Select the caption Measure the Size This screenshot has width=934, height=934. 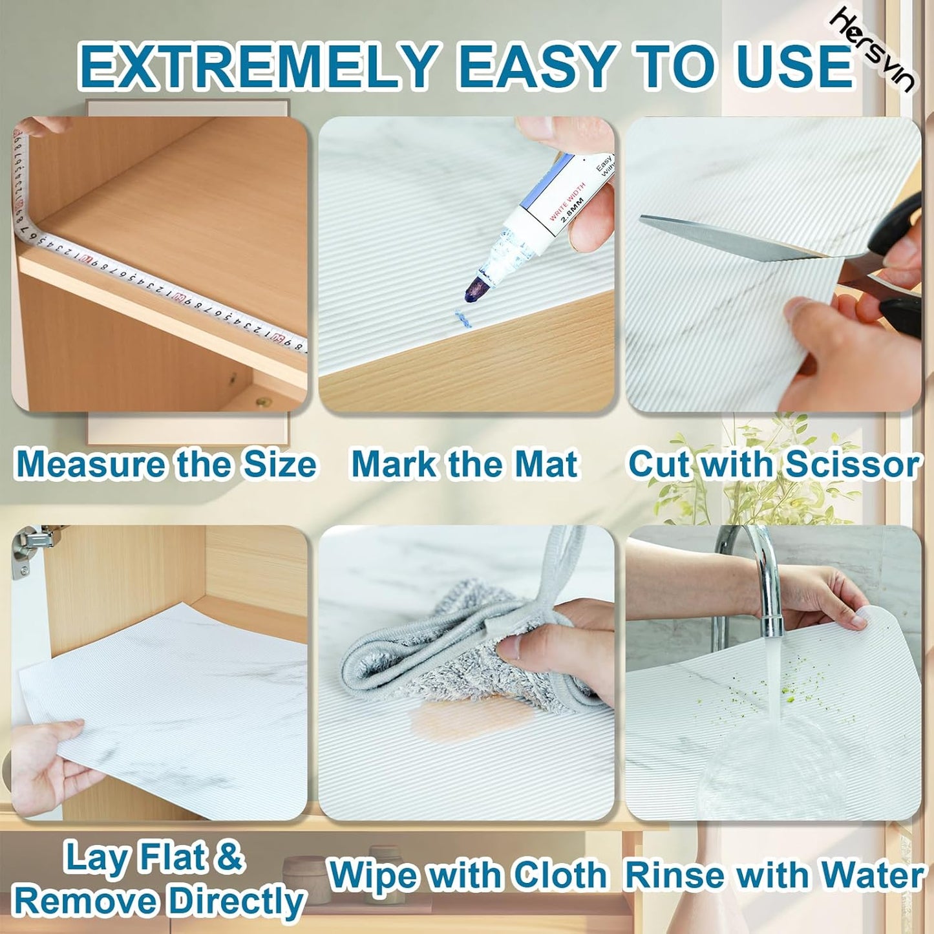(165, 465)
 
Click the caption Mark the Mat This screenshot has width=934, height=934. (464, 465)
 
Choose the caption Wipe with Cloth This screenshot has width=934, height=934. (467, 876)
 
